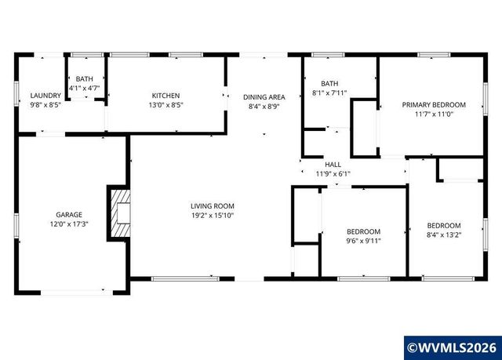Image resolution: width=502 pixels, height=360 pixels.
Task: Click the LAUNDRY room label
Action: (45, 96)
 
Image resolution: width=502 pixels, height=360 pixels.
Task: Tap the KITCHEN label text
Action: (166, 96)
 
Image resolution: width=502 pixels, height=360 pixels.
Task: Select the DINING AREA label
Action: (264, 96)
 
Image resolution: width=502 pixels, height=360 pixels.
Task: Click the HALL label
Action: (333, 165)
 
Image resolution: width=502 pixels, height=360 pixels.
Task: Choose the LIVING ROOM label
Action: (213, 205)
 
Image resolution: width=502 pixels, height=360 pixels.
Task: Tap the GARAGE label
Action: (68, 214)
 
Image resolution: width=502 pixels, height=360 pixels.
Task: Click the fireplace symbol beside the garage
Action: (119, 213)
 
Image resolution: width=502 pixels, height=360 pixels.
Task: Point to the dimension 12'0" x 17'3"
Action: (68, 224)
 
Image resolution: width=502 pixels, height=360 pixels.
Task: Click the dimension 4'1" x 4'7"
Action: (84, 89)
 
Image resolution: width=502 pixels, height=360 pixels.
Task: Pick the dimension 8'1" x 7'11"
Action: (329, 93)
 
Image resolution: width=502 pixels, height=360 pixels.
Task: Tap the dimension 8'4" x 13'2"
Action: (443, 234)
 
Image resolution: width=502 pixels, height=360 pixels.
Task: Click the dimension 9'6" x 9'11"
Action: (363, 241)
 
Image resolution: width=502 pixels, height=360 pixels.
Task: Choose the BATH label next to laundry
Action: (84, 79)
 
